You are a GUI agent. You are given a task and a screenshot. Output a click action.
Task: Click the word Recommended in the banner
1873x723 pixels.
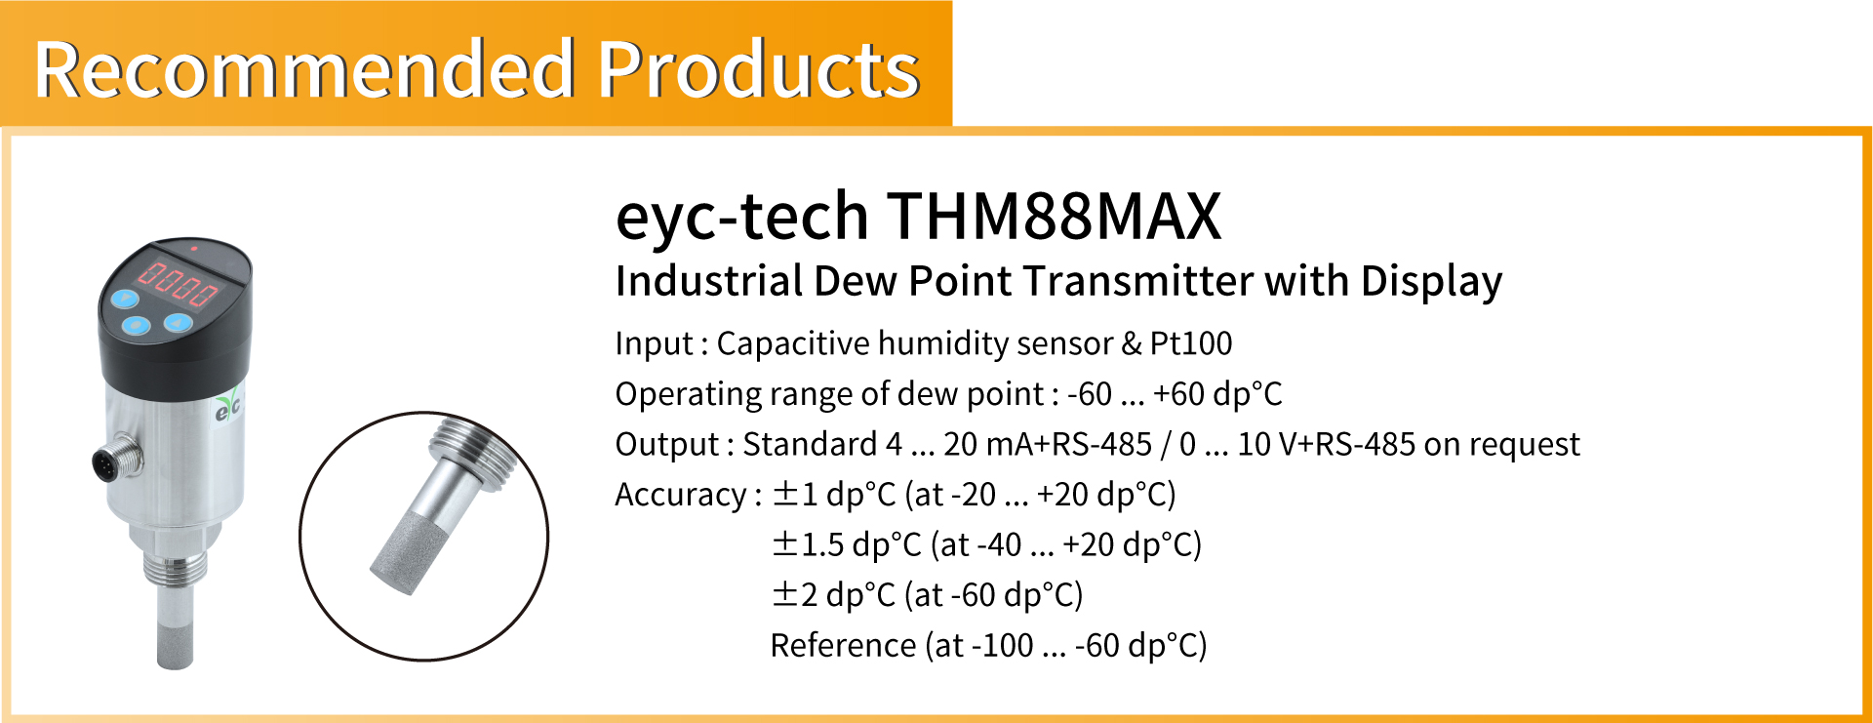click(x=303, y=69)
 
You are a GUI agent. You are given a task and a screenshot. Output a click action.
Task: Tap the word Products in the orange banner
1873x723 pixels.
click(x=759, y=69)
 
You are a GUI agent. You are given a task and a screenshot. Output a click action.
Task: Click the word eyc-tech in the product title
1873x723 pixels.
click(x=741, y=217)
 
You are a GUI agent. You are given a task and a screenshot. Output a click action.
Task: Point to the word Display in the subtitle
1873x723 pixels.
click(x=1431, y=281)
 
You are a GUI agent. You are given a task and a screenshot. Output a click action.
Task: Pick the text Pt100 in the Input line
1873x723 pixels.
click(x=1190, y=343)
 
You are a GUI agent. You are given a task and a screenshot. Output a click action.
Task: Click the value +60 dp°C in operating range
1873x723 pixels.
click(x=1217, y=394)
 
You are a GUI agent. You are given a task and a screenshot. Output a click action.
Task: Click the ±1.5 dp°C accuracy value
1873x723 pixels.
click(x=847, y=544)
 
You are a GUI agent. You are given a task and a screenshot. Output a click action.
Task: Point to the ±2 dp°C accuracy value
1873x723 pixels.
click(x=833, y=595)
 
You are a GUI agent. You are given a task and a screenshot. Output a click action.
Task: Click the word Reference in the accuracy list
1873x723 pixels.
click(x=843, y=645)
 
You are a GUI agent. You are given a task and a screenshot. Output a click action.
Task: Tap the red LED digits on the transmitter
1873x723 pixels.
click(x=177, y=283)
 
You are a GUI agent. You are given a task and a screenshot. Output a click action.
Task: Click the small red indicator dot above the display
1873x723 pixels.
click(x=193, y=249)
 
